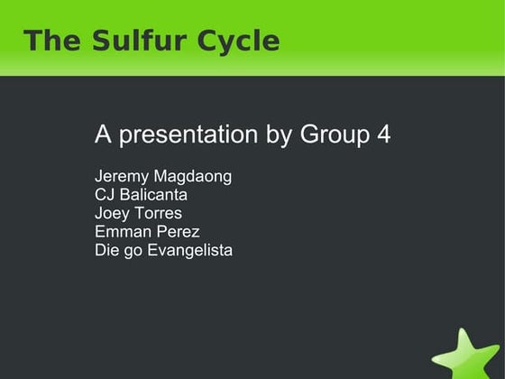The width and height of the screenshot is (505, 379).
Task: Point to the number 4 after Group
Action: click(383, 135)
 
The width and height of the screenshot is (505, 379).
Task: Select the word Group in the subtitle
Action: click(333, 136)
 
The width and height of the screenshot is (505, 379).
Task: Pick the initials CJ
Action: click(106, 195)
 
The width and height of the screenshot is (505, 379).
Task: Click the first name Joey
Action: click(112, 214)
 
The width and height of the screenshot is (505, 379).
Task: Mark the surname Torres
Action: click(158, 213)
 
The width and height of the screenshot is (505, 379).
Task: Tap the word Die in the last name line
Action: click(106, 249)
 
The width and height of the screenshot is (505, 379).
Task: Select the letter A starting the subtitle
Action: click(103, 135)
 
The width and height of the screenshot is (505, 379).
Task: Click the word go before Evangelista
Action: click(133, 251)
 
